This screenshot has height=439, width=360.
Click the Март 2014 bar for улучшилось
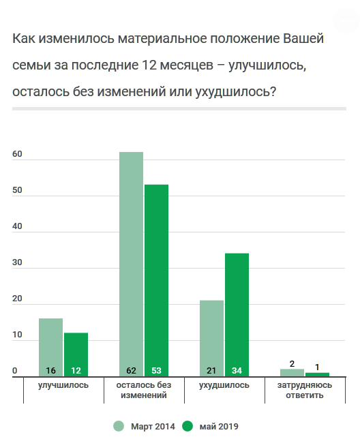50,346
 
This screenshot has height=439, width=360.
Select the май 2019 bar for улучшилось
76,353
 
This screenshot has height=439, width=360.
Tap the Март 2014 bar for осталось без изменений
131,262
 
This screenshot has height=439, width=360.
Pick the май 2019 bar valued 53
156,279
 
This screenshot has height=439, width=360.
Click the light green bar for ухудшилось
211,337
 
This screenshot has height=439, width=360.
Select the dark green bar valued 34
237,314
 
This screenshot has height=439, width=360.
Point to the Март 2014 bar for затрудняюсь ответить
292,372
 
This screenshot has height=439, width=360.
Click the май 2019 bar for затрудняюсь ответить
317,374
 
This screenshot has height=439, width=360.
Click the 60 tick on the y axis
18,154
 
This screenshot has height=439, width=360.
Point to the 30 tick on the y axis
18,263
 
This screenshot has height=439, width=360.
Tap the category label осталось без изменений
144,390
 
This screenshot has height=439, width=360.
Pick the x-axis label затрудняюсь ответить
305,390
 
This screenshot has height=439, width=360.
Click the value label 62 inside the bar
131,370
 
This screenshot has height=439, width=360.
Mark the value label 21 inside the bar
211,370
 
